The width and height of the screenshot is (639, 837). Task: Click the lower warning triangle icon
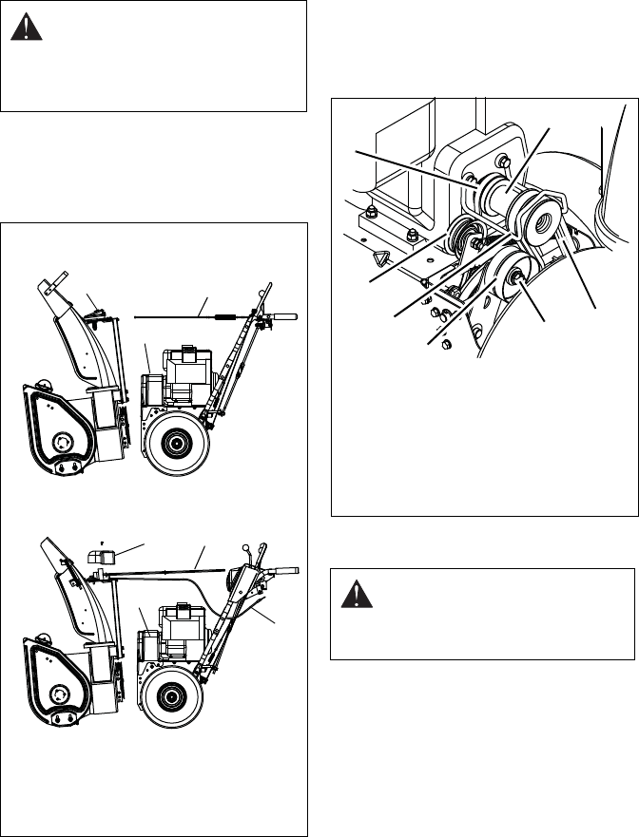coord(351,597)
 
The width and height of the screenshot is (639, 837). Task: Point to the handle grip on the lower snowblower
coord(285,570)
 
